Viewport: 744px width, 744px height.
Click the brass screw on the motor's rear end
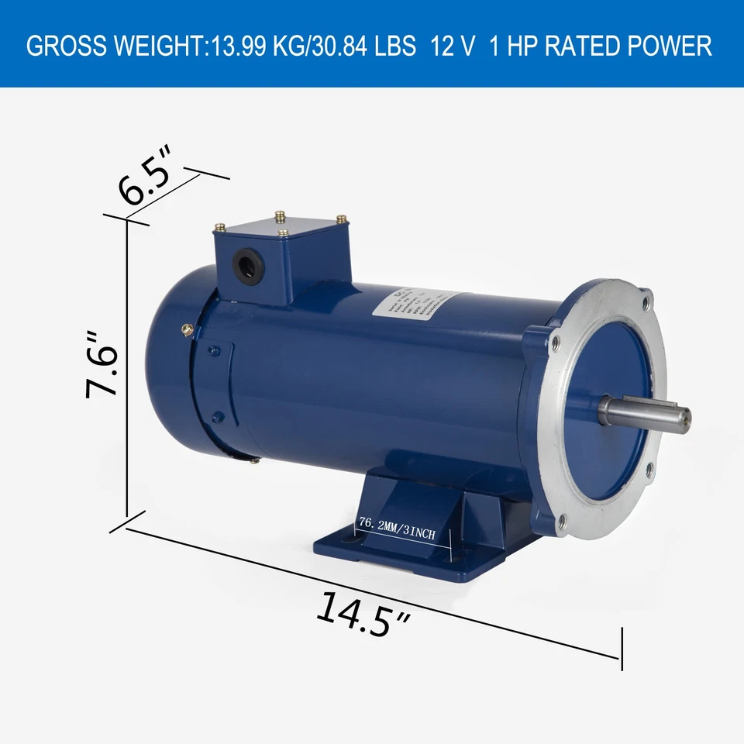point(187,329)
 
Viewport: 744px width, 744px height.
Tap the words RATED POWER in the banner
point(629,46)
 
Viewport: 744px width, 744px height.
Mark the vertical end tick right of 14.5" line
point(622,649)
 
